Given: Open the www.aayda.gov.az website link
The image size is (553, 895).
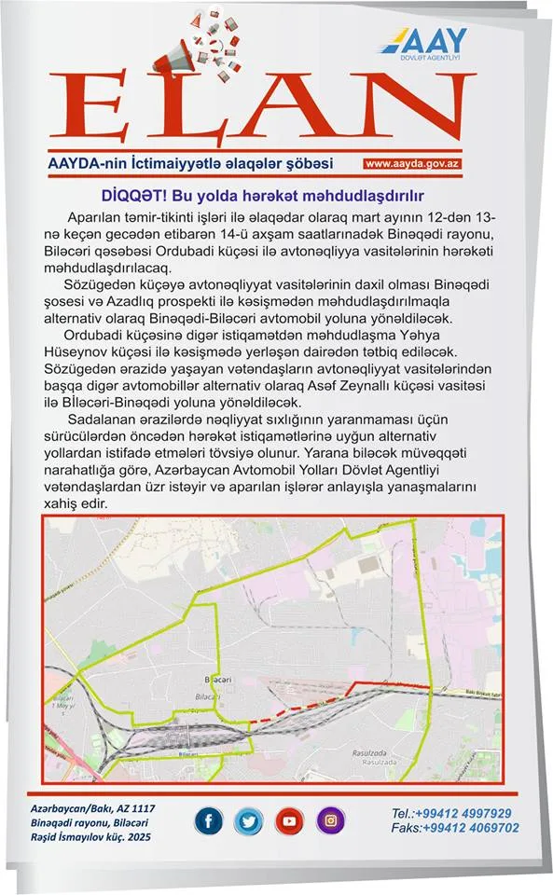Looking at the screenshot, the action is pos(414,164).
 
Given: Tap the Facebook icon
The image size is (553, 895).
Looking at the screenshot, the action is pos(208,821).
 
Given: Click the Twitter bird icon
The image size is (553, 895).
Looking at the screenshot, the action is pos(248,821).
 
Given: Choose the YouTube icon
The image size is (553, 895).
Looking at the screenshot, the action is pos(289,821).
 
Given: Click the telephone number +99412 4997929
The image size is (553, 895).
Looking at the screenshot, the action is pos(452,812).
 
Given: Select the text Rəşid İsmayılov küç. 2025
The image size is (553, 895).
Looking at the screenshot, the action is pos(90,837).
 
